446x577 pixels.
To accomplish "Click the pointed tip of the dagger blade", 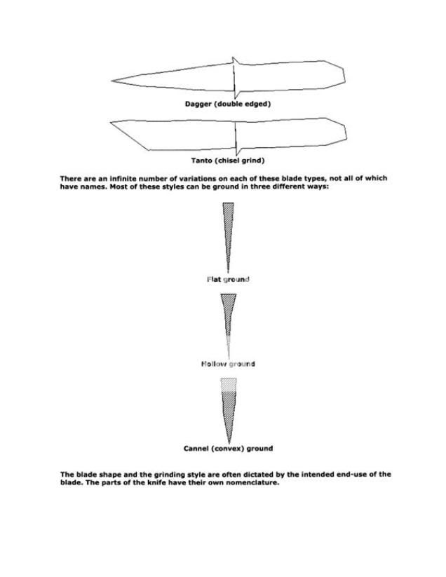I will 114,81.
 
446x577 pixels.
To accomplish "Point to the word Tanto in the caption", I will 204,161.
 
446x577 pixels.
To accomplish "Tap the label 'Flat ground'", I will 228,279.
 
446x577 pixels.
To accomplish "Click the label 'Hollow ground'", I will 228,364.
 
